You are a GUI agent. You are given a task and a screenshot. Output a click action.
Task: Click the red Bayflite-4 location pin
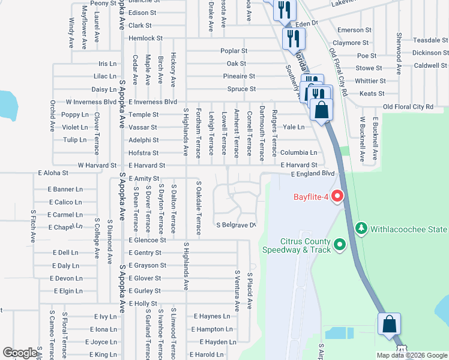pos(337,196)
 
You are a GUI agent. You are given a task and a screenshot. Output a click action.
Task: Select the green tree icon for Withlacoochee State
pos(361,229)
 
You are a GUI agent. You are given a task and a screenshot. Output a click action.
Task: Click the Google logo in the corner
pos(19,353)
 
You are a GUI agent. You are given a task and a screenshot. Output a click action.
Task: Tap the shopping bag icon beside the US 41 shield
pos(390,324)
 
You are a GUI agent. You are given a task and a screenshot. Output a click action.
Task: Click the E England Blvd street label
pos(312,173)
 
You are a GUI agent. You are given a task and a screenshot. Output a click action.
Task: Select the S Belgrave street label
pos(236,226)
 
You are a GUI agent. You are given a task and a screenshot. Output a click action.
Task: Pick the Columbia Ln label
pos(298,153)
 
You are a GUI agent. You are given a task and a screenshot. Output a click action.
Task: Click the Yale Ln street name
pos(294,127)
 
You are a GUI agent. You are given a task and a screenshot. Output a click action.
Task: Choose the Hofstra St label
pos(143,153)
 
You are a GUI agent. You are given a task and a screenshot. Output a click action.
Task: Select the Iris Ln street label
pos(107,64)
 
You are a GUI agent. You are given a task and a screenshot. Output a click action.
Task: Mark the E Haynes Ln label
pos(211,316)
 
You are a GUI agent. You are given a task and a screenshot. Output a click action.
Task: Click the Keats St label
pos(372,94)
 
